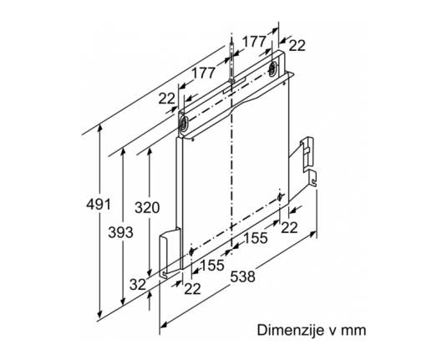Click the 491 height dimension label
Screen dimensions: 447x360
coord(99,205)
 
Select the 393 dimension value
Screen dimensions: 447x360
coord(120,232)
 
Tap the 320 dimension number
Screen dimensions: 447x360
coord(147,207)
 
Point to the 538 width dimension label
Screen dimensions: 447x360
coord(242,276)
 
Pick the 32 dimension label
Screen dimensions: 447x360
coord(138,284)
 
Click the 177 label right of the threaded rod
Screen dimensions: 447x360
coord(254,42)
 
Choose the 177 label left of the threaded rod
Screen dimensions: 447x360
coord(203,73)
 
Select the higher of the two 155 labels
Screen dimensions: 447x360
coord(256,238)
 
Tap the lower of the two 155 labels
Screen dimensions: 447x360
coord(213,265)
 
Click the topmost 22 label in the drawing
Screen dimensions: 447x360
coord(297,45)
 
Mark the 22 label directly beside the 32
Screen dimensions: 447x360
coord(192,289)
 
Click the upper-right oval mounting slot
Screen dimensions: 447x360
coord(272,68)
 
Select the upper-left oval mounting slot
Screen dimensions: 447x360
coord(183,124)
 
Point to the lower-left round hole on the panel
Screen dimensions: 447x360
coord(191,251)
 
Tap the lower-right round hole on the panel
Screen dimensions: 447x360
coord(281,196)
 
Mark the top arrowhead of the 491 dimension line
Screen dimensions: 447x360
coord(99,128)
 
